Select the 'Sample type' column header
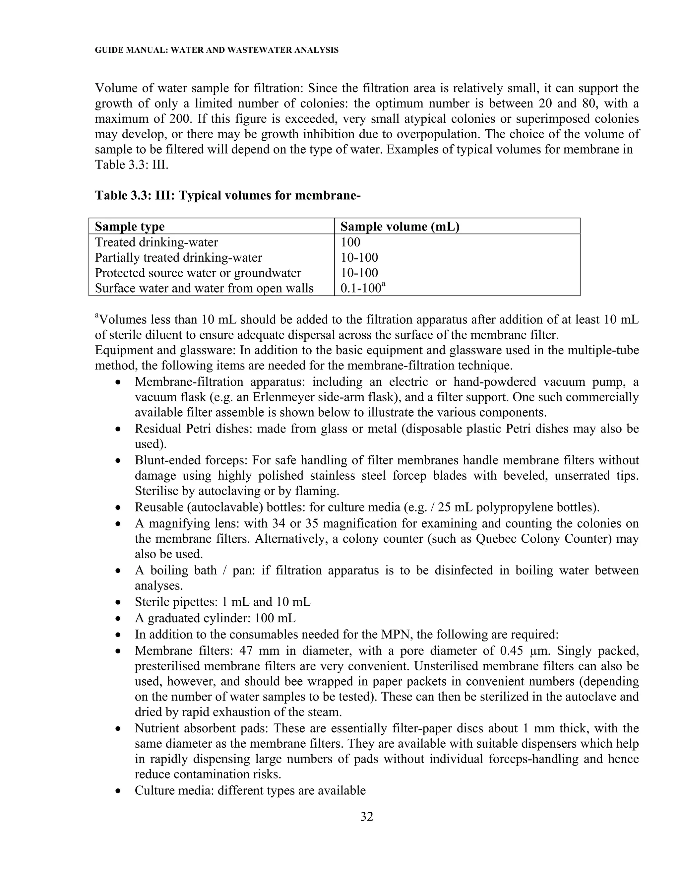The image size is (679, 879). point(130,227)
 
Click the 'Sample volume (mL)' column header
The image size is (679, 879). point(400,227)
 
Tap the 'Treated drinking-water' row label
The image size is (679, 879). point(156,242)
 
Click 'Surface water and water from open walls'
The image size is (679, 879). point(204,289)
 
